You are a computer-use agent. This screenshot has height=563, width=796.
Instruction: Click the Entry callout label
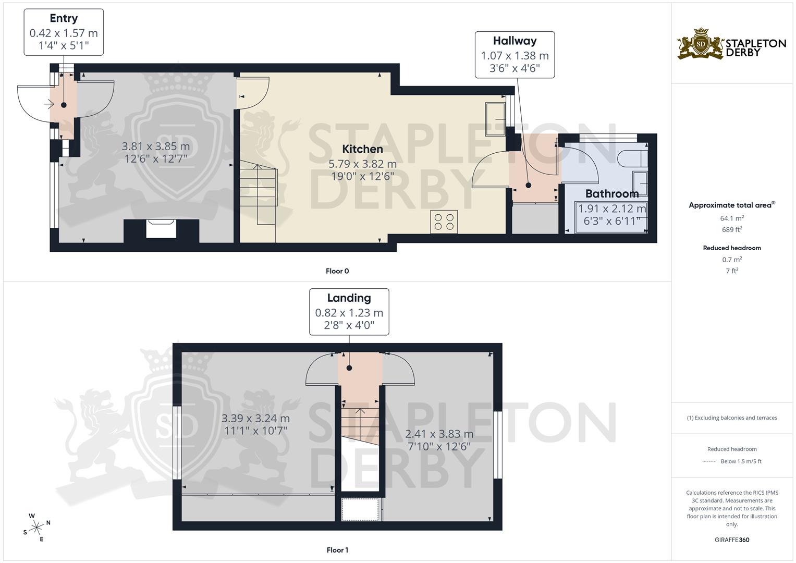pyautogui.click(x=64, y=32)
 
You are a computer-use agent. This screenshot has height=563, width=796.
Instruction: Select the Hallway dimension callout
pyautogui.click(x=515, y=55)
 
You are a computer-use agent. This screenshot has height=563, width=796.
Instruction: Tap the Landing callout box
pyautogui.click(x=349, y=312)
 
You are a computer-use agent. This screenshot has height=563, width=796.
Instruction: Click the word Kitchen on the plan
pyautogui.click(x=362, y=149)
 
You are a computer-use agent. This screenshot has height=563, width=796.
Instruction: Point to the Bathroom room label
pyautogui.click(x=611, y=194)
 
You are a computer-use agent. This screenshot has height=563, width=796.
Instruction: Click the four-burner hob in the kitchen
pyautogui.click(x=444, y=222)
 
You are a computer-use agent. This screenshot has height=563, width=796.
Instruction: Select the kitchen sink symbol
pyautogui.click(x=495, y=119)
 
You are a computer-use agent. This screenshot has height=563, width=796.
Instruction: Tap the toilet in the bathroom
pyautogui.click(x=632, y=157)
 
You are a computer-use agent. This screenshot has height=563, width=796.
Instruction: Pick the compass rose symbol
pyautogui.click(x=36, y=527)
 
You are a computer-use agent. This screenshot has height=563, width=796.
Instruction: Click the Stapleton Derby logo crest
pyautogui.click(x=701, y=44)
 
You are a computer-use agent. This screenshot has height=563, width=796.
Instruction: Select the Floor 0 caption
pyautogui.click(x=337, y=271)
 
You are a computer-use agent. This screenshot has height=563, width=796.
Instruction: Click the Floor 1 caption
pyautogui.click(x=337, y=550)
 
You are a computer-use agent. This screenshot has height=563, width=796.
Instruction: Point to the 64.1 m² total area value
pyautogui.click(x=732, y=218)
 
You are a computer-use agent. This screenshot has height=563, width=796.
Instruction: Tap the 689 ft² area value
pyautogui.click(x=732, y=229)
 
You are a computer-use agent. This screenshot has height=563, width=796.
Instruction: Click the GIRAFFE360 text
pyautogui.click(x=732, y=540)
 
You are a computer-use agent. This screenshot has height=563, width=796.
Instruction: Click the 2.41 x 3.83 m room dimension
pyautogui.click(x=439, y=434)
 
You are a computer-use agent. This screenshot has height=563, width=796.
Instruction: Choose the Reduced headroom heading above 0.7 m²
pyautogui.click(x=732, y=248)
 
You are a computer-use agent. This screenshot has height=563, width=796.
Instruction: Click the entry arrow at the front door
pyautogui.click(x=49, y=105)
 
